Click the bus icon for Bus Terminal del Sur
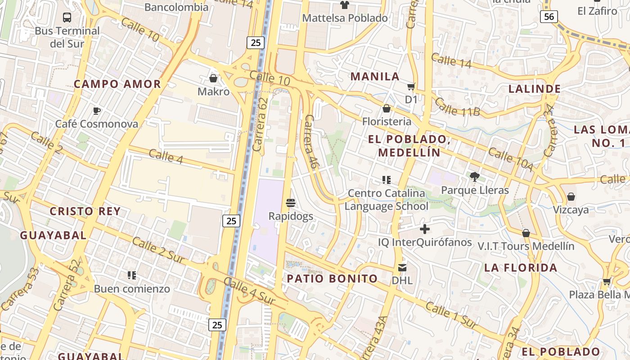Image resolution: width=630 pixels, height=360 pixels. [67, 18]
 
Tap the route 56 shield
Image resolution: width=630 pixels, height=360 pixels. [549, 17]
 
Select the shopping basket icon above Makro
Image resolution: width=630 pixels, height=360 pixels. [213, 78]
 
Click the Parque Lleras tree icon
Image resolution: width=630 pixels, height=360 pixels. [474, 176]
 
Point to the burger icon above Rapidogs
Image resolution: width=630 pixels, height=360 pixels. [291, 202]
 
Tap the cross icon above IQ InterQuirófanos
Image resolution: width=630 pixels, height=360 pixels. [424, 229]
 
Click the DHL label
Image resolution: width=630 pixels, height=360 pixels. [402, 280]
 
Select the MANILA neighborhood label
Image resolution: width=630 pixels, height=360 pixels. [375, 76]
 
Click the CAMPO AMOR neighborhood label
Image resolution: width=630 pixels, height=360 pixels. [117, 84]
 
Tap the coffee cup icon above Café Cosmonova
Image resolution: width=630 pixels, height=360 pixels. [96, 110]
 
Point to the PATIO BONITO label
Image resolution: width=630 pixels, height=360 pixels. [332, 279]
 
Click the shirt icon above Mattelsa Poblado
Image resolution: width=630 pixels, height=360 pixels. [345, 5]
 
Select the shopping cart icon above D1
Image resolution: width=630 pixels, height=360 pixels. [411, 86]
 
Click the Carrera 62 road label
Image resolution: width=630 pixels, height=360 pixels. [260, 124]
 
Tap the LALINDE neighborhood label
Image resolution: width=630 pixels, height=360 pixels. [534, 89]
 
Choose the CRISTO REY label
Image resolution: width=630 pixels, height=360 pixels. [85, 211]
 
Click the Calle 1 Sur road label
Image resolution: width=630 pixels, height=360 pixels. [450, 315]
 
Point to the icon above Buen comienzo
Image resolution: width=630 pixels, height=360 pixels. [132, 275]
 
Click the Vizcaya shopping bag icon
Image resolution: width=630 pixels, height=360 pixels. [571, 197]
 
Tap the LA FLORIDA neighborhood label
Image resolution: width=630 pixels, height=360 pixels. [521, 268]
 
